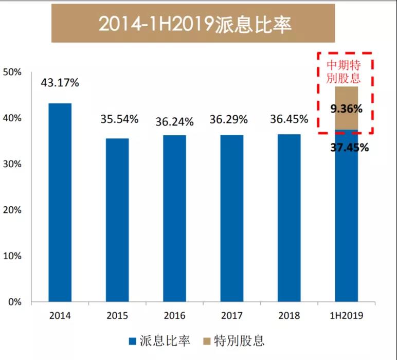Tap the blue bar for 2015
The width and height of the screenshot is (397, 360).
118,220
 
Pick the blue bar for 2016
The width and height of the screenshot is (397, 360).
175,218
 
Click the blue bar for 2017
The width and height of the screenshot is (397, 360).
232,218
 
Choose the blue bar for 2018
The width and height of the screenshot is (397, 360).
290,218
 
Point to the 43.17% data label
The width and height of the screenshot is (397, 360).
61,83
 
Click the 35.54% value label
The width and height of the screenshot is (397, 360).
119,119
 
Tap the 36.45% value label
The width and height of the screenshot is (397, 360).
290,119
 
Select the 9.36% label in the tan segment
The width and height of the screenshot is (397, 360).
347,109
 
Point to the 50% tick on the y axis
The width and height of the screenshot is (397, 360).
12,73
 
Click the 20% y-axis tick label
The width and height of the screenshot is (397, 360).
12,210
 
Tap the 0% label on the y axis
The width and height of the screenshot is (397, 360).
14,302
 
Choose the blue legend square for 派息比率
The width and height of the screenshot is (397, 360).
132,341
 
